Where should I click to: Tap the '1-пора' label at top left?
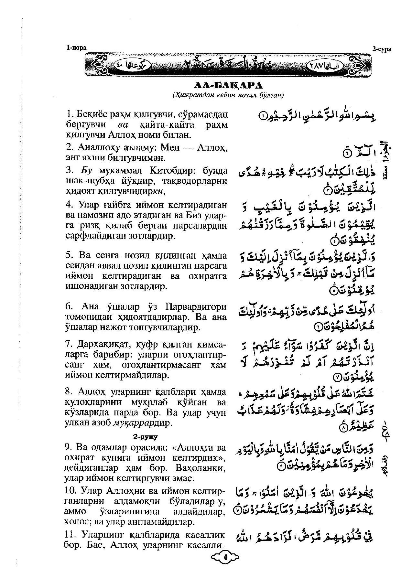click(x=76, y=48)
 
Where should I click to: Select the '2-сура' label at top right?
click(x=382, y=49)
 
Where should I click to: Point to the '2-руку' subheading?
click(x=145, y=437)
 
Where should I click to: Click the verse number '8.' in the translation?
click(x=69, y=392)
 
